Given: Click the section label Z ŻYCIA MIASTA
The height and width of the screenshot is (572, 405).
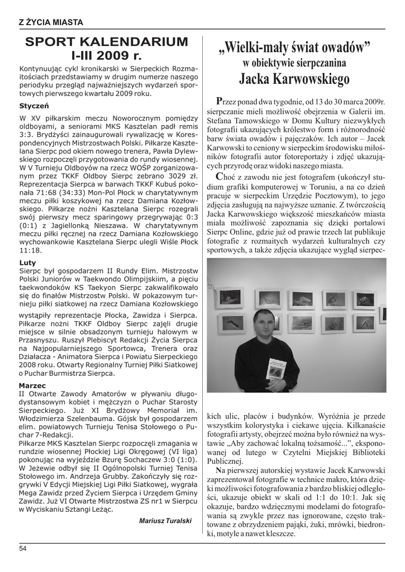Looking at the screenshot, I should tap(51, 22).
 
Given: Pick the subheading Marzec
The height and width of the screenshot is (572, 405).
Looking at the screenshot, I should tap(32, 385).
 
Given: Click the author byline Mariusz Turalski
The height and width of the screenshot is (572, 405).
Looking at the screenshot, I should tap(165, 521).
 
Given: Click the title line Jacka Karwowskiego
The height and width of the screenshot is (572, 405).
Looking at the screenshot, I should tap(294, 79).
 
